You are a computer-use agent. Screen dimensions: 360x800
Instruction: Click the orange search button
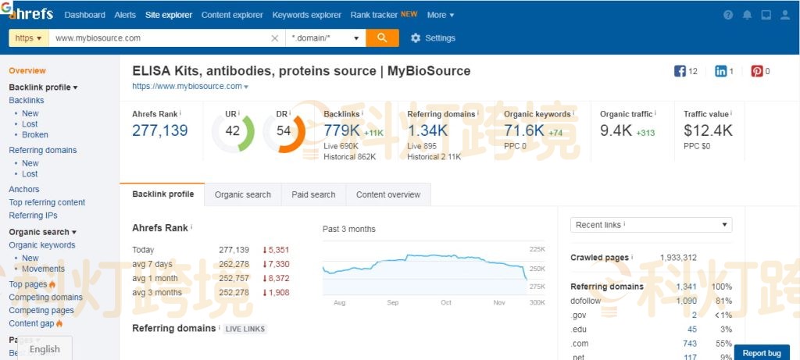382,37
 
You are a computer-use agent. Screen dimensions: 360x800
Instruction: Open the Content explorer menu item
232,15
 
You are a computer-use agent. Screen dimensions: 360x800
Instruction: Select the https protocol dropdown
28,37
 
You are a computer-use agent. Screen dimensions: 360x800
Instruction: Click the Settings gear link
433,38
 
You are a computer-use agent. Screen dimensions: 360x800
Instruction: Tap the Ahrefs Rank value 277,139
160,130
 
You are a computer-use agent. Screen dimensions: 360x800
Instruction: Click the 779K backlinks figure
341,130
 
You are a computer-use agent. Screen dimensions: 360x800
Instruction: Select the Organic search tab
242,194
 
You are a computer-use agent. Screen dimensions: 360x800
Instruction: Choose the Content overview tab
387,194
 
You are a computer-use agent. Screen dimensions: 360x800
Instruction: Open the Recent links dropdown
651,225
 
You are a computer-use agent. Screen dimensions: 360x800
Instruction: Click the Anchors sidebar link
24,189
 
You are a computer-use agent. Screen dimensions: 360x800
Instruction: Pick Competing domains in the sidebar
45,298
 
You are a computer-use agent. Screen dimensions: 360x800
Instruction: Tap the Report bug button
761,353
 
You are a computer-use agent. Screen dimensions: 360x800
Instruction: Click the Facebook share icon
680,71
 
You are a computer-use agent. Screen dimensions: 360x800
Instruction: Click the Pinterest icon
756,71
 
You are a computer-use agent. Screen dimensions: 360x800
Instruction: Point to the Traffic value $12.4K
708,130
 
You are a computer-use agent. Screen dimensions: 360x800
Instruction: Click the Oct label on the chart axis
446,302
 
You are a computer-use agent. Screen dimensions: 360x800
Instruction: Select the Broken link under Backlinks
35,135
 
